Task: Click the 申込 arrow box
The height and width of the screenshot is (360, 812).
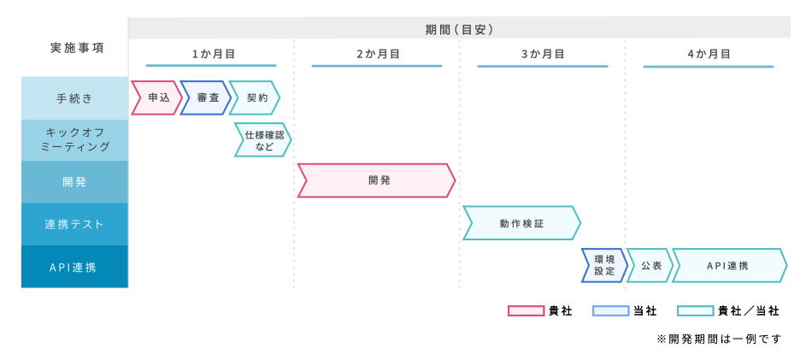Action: [x=157, y=98]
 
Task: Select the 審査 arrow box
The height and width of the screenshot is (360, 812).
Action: [x=206, y=98]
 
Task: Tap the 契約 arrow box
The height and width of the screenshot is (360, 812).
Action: [x=256, y=98]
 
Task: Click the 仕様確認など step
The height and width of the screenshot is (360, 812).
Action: [x=263, y=140]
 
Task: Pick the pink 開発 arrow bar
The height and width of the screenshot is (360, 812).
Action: [x=376, y=180]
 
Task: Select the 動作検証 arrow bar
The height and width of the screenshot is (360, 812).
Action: [x=521, y=223]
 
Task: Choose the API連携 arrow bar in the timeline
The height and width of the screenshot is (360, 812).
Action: [x=728, y=265]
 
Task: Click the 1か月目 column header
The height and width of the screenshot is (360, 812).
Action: [x=211, y=54]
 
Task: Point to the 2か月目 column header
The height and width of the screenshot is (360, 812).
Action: [x=377, y=54]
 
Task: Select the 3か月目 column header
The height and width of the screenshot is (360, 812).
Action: [x=543, y=54]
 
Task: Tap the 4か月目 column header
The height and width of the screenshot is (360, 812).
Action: [x=709, y=54]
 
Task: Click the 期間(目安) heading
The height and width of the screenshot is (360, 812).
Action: [x=459, y=29]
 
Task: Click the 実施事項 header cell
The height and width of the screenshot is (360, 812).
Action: [x=75, y=48]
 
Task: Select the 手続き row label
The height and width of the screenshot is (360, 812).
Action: [x=75, y=98]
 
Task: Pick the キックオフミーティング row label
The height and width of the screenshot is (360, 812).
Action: [x=75, y=140]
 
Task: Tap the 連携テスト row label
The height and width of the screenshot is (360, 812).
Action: [x=75, y=224]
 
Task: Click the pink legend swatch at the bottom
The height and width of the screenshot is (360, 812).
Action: [x=527, y=311]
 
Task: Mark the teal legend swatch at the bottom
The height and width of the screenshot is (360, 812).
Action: [x=696, y=311]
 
